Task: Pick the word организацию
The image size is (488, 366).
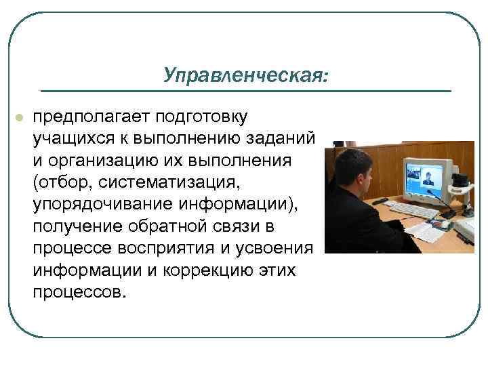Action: click(105, 161)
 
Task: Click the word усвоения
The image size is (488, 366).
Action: click(279, 249)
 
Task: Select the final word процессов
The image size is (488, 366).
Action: click(77, 293)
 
